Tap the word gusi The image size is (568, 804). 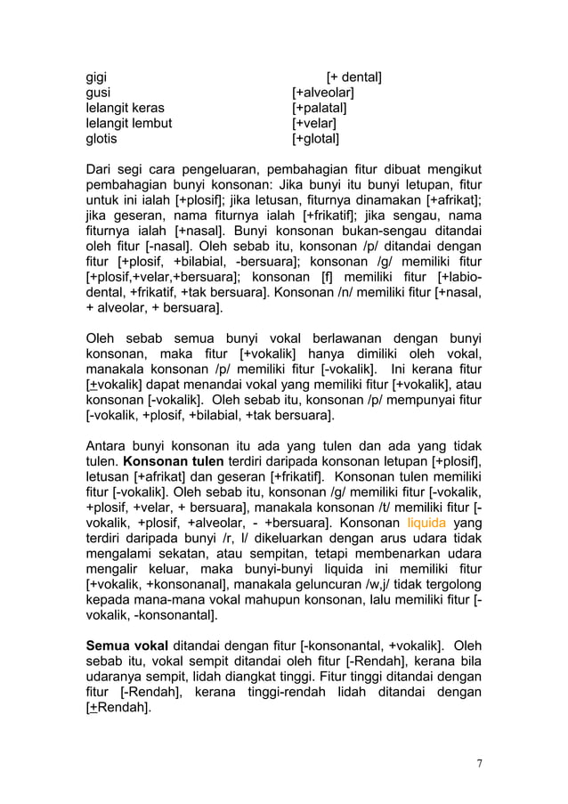(98, 93)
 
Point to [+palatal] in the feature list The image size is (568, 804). (319, 109)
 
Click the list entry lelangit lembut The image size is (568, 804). (128, 124)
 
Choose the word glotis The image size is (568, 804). (100, 140)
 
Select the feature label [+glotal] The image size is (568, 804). (315, 140)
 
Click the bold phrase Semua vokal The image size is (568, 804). (127, 645)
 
